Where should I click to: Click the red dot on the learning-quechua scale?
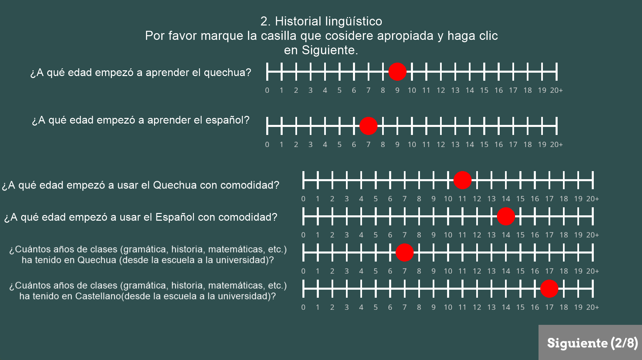(397, 72)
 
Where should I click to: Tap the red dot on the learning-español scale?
(368, 126)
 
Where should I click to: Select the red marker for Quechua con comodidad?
(462, 180)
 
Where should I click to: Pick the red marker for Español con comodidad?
(506, 216)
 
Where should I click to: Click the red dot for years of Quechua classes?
(405, 253)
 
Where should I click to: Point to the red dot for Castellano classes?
(549, 289)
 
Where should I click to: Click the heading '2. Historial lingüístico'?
(321, 21)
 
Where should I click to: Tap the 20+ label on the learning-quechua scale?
(556, 90)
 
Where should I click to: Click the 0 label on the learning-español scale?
(267, 144)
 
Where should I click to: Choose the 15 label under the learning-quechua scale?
(484, 90)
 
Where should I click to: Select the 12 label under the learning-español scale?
(441, 144)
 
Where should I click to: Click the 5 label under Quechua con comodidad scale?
(375, 199)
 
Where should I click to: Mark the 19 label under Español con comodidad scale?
(578, 235)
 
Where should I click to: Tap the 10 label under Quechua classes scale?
(448, 271)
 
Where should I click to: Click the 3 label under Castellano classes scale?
(347, 307)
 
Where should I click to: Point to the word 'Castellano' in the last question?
(97, 296)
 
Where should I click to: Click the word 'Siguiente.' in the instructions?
(330, 50)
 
